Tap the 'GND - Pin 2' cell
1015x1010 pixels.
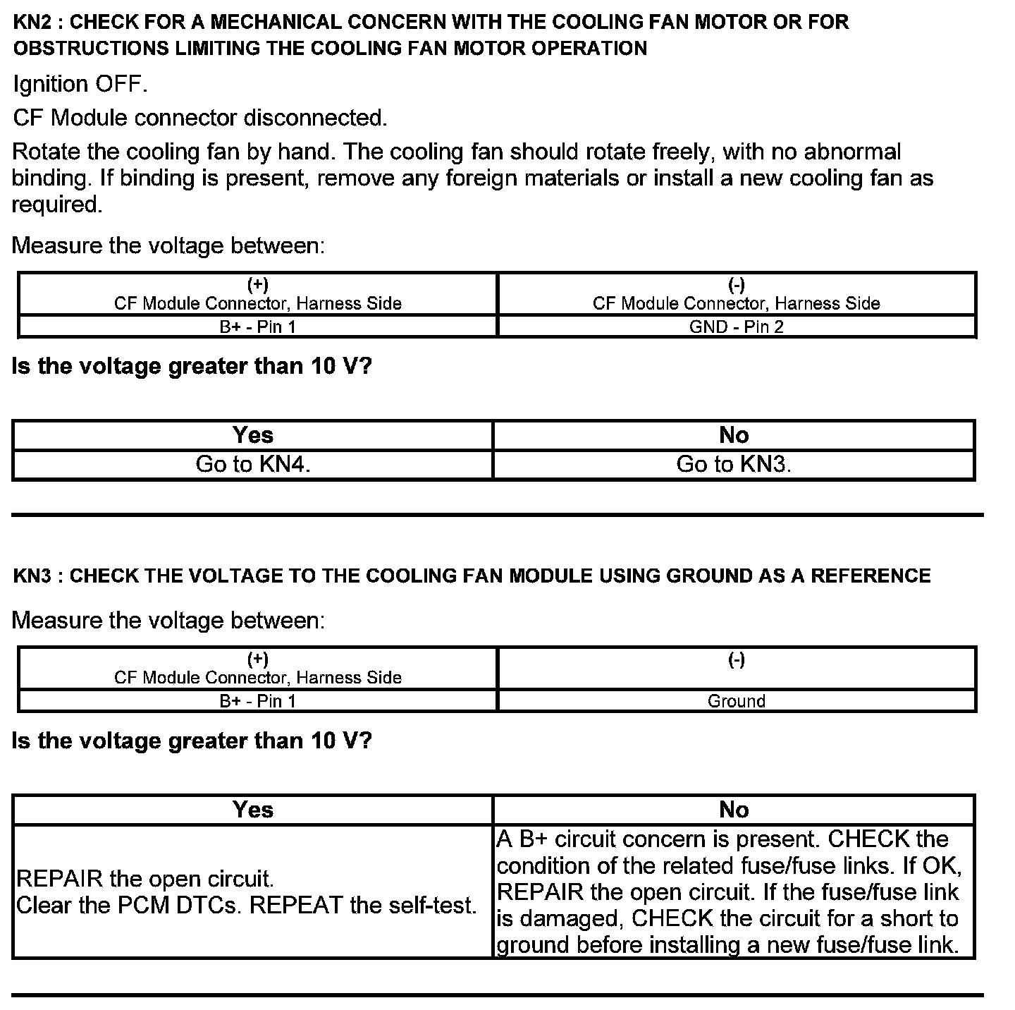736,327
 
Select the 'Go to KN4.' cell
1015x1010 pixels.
253,464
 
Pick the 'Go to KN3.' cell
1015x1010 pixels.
734,464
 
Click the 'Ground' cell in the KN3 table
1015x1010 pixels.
736,701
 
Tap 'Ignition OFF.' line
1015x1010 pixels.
80,85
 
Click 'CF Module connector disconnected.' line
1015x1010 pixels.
200,118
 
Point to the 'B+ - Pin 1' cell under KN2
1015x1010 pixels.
257,327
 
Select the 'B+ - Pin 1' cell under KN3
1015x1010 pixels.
257,701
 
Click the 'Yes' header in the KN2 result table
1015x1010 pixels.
253,435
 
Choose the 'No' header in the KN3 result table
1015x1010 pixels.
734,810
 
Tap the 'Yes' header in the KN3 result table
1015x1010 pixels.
253,810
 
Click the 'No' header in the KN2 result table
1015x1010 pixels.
734,435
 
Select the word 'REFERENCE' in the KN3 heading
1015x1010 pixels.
871,576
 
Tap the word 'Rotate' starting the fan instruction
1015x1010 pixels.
46,152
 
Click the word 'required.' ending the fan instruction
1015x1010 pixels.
57,205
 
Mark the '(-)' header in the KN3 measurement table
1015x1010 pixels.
736,660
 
